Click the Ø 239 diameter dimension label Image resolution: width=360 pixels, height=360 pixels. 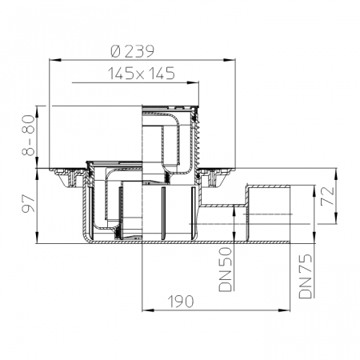coord(133,51)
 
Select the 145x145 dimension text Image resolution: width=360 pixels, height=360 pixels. coord(141,74)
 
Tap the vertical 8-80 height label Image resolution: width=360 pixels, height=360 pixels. coord(28,135)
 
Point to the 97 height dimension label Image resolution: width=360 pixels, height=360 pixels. coord(28,203)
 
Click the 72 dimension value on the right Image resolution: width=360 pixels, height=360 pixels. coord(327,196)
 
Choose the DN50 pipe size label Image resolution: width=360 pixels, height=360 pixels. coord(225,270)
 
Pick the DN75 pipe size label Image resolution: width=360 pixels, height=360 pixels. coord(306,276)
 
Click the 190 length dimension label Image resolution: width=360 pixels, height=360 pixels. coord(181,302)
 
